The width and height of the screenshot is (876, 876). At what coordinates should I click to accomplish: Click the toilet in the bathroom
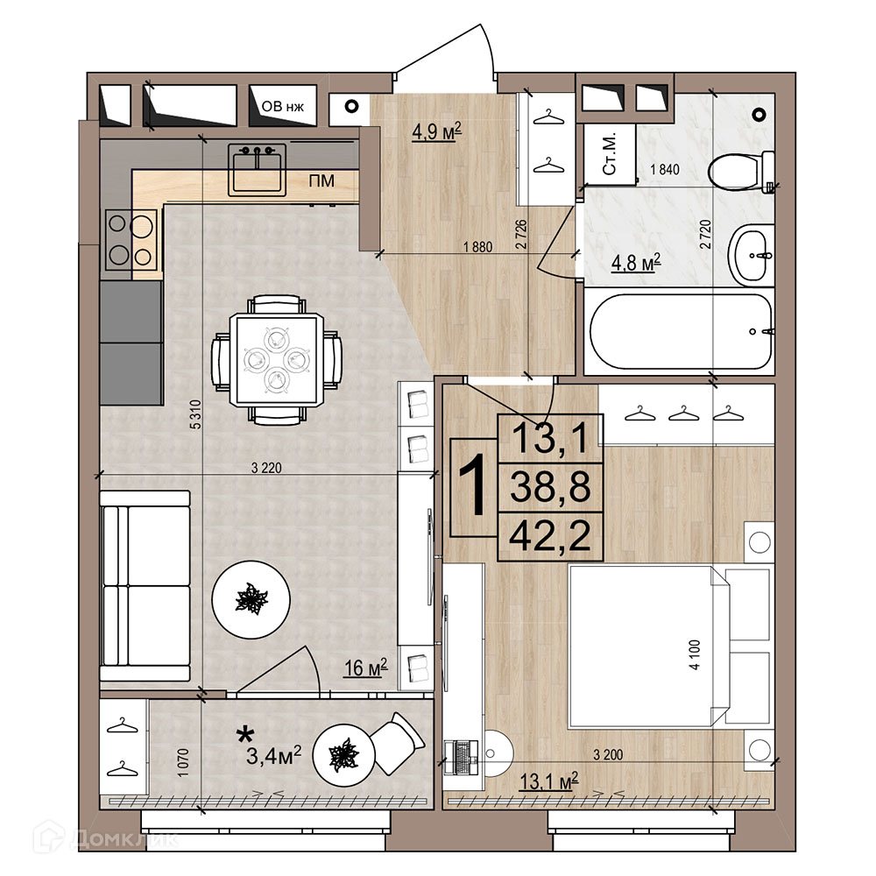[740, 172]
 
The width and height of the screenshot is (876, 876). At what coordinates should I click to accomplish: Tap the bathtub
[681, 331]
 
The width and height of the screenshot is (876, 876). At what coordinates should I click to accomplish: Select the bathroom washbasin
[751, 255]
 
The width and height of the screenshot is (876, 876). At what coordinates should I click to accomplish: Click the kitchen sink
[257, 170]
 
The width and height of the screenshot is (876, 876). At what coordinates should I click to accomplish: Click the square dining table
[277, 358]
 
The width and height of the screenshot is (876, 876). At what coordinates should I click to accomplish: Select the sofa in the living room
[145, 585]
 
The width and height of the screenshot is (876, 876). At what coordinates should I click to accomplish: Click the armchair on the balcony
[397, 743]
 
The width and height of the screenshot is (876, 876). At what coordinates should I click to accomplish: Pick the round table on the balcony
[343, 755]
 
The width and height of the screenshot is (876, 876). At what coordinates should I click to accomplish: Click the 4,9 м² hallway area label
[436, 132]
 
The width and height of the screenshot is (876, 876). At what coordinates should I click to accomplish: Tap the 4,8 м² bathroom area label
[636, 263]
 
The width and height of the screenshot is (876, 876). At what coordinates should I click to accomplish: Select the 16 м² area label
[365, 668]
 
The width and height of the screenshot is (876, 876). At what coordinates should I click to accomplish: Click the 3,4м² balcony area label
[273, 756]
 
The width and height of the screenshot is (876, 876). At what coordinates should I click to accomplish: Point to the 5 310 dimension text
[195, 414]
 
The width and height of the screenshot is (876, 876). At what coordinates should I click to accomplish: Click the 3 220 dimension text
[266, 468]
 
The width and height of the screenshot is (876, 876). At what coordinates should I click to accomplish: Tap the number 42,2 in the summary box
[550, 536]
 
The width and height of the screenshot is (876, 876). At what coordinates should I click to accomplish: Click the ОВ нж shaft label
[283, 106]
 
